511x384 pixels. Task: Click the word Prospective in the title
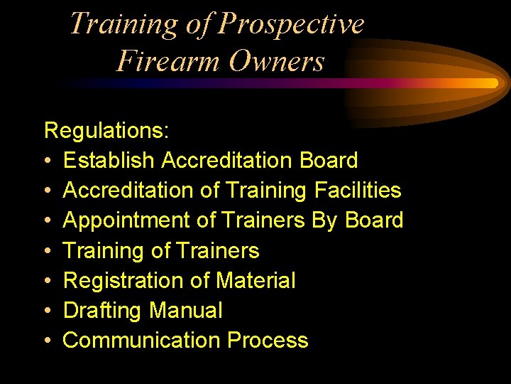pyautogui.click(x=292, y=24)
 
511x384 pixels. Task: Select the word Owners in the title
pyautogui.click(x=277, y=61)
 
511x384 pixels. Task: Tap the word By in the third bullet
pyautogui.click(x=325, y=220)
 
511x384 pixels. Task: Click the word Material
pyautogui.click(x=255, y=280)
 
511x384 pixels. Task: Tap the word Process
pyautogui.click(x=268, y=341)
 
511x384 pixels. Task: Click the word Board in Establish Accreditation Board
pyautogui.click(x=329, y=161)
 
